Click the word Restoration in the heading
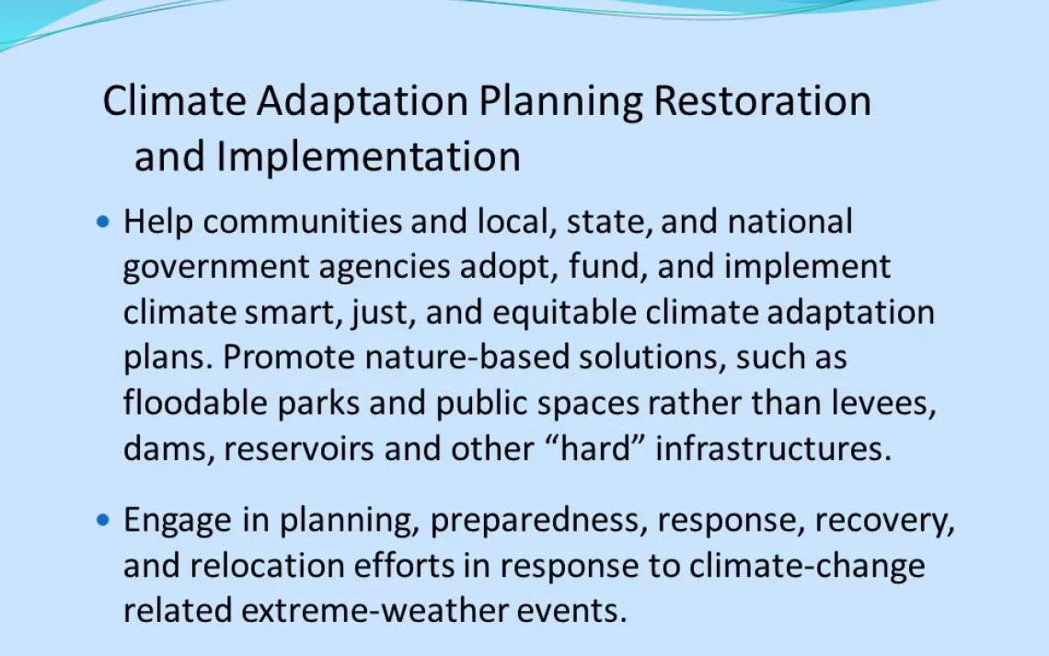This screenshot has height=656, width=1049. tap(762, 100)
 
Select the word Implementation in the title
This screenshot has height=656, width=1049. tap(369, 156)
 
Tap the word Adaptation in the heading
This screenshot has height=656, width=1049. tap(362, 101)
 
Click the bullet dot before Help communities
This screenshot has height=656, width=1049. tap(102, 221)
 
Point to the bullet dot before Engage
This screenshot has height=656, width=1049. tap(102, 519)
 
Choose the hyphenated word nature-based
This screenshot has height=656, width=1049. tap(467, 357)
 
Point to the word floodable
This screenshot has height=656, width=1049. tap(195, 403)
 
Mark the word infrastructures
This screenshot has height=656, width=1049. tap(773, 448)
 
